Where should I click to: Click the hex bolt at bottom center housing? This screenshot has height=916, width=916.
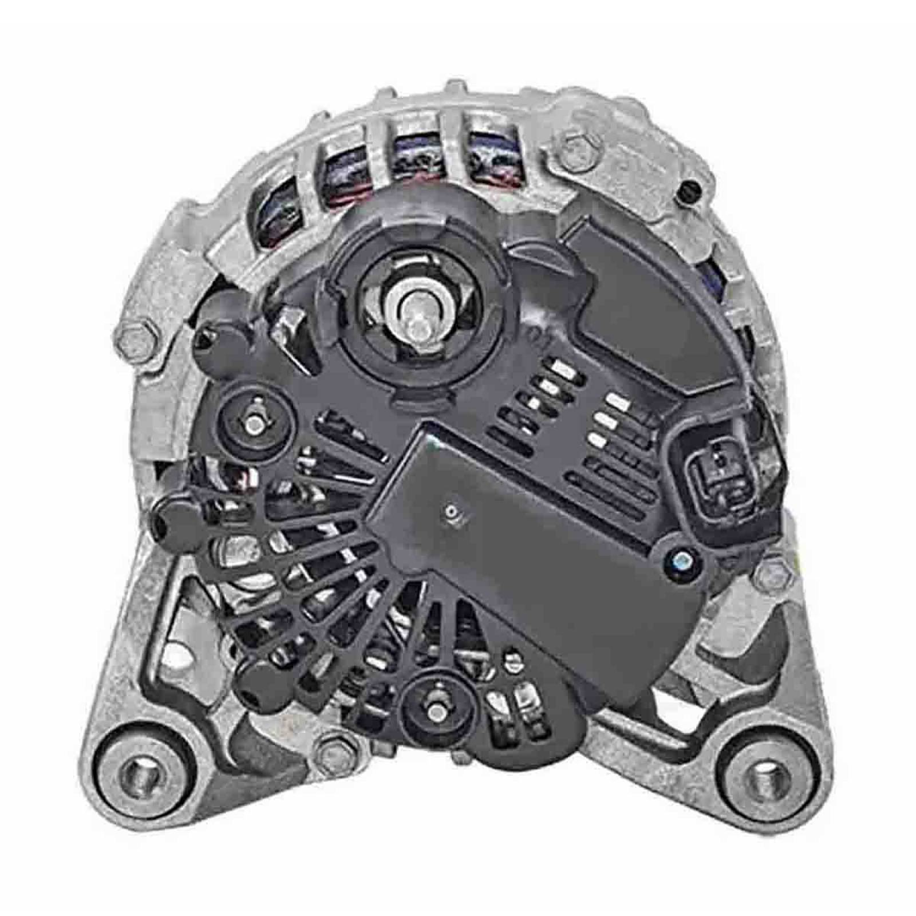331,751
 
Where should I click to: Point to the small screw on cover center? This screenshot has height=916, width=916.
452,511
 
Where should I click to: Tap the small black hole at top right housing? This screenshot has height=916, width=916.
688,188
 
